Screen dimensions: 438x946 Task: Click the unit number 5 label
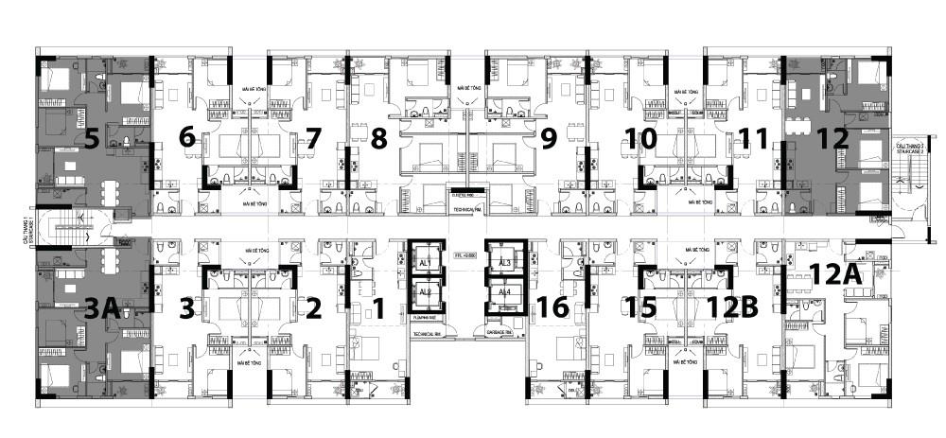pyautogui.click(x=92, y=139)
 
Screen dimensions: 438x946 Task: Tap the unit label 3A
pyautogui.click(x=102, y=307)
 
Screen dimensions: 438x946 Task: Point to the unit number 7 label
pyautogui.click(x=313, y=139)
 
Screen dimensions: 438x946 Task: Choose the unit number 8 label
pyautogui.click(x=378, y=139)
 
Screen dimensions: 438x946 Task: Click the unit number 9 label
pyautogui.click(x=548, y=139)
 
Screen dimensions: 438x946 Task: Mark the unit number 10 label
pyautogui.click(x=641, y=139)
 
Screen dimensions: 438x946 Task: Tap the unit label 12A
pyautogui.click(x=834, y=275)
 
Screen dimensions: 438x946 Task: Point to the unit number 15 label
pyautogui.click(x=640, y=307)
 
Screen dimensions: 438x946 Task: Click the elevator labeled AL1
pyautogui.click(x=425, y=262)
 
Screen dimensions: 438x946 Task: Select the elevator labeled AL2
pyautogui.click(x=425, y=292)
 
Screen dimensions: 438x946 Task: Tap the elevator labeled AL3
pyautogui.click(x=504, y=262)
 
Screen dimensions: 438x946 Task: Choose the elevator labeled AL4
pyautogui.click(x=504, y=292)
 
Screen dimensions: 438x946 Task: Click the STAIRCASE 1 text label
pyautogui.click(x=31, y=226)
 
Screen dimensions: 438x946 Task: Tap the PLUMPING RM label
pyautogui.click(x=426, y=318)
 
